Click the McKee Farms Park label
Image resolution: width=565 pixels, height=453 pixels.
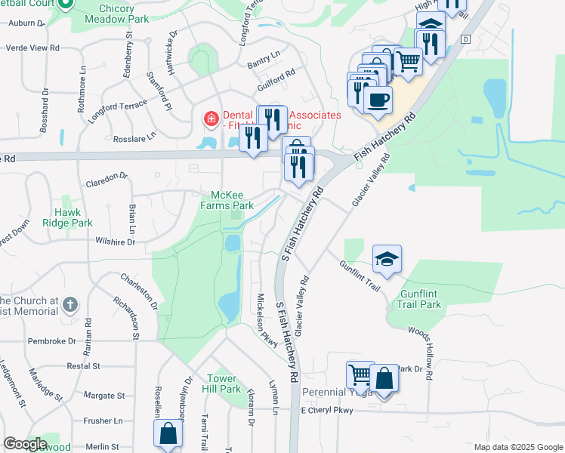pos(227,199)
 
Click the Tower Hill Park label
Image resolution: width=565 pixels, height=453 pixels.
pos(224,384)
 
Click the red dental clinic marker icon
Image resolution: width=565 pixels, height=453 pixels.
pos(210,119)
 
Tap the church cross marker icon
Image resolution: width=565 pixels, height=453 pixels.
pos(69,305)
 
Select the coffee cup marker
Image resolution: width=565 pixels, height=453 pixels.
pos(378,100)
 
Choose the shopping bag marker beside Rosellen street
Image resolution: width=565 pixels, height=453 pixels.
pos(168,434)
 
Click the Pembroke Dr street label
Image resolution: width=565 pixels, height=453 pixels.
pos(52,341)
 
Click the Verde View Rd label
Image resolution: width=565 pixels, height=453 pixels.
pos(32,48)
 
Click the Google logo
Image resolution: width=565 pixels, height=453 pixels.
pos(26,445)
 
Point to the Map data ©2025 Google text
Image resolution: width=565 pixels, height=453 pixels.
pos(517,447)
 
